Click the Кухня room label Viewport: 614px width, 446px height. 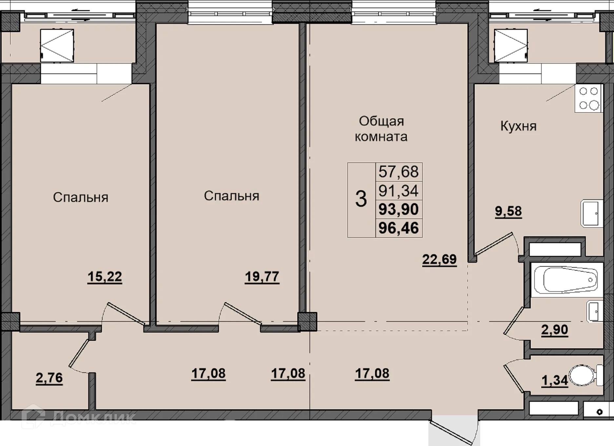pos(518,126)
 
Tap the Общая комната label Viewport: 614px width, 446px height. pos(381,129)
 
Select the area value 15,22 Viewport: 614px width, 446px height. pos(105,277)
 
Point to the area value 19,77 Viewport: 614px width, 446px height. pos(262,277)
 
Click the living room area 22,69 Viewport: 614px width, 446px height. pos(439,260)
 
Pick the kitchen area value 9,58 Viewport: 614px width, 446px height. pos(508,211)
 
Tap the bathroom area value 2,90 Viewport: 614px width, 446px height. pos(555,330)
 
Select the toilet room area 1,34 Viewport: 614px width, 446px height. pos(555,380)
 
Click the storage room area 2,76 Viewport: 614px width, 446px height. pos(49,378)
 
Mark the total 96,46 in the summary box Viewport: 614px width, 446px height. pos(399,228)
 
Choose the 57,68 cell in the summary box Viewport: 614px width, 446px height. pos(399,172)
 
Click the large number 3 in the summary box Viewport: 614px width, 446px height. pos(361,199)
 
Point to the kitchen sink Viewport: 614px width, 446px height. pos(592,213)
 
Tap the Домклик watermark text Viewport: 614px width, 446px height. pos(93,418)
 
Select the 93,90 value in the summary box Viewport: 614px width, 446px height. pos(399,209)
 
